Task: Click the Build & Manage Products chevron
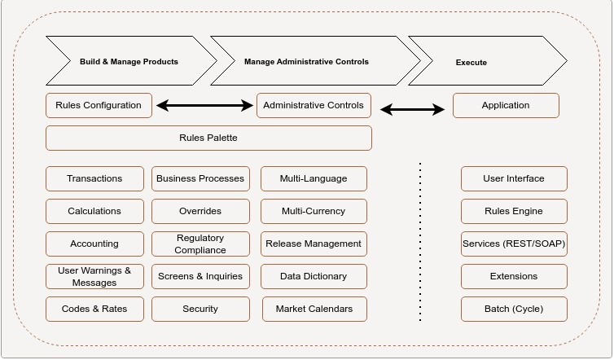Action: (129, 61)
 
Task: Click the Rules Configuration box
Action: (99, 105)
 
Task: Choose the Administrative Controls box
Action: (314, 105)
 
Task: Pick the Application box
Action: (506, 105)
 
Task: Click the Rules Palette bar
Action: (208, 138)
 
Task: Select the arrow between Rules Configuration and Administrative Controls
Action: (204, 105)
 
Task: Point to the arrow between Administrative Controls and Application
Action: (413, 109)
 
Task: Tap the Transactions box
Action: (94, 178)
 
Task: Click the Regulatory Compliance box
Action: (200, 244)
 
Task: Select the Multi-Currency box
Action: (314, 211)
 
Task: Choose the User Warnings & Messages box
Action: (94, 276)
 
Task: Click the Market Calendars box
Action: (314, 309)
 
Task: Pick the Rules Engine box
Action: (514, 211)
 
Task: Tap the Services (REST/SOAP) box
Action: (514, 244)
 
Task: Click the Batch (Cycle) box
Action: (514, 309)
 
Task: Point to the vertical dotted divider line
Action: (420, 244)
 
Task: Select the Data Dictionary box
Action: (314, 276)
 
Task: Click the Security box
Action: (200, 309)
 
